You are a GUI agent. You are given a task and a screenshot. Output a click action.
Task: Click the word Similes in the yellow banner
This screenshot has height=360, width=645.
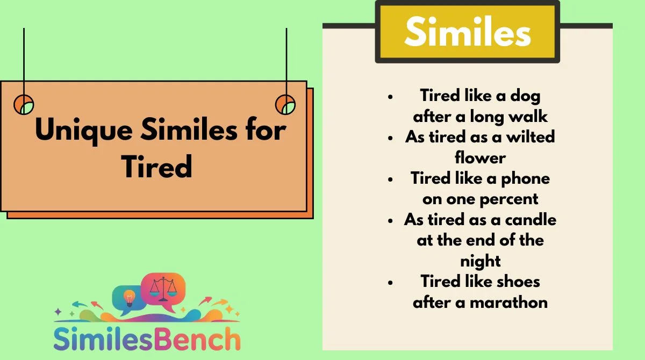[x=468, y=31]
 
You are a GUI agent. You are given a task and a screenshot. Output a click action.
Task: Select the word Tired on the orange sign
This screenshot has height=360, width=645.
[x=157, y=167]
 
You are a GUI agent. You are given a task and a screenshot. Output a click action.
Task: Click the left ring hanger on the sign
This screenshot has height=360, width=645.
[x=24, y=104]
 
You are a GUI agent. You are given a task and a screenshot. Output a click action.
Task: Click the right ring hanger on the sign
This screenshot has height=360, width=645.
[x=285, y=104]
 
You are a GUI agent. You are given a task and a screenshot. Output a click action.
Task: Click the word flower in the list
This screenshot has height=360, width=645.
[x=480, y=157]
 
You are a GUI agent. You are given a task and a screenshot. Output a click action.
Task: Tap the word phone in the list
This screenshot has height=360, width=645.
[x=526, y=179]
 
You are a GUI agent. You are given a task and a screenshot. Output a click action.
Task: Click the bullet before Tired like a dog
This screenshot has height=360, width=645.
[x=390, y=97]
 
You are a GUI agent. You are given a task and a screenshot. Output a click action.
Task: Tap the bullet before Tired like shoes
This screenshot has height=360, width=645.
[x=390, y=283]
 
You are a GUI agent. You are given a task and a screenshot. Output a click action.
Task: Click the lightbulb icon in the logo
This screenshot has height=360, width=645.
[x=129, y=298]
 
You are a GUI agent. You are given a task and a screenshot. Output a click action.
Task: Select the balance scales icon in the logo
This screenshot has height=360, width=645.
[x=163, y=289]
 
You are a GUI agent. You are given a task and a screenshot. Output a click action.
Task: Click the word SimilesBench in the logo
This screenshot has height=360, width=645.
[x=147, y=339]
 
